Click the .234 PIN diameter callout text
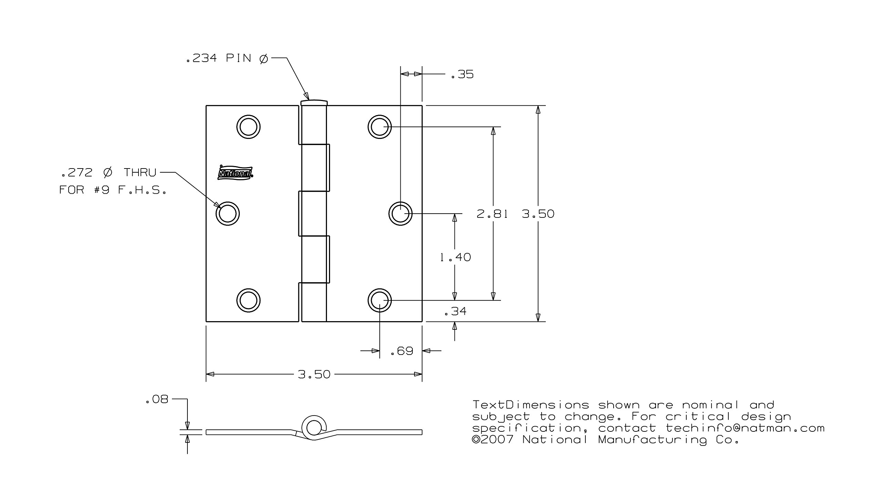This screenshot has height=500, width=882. pyautogui.click(x=227, y=58)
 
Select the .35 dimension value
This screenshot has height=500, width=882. pyautogui.click(x=462, y=74)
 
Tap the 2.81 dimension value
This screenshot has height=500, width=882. pyautogui.click(x=492, y=214)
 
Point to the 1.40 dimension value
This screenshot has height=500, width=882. pyautogui.click(x=455, y=257)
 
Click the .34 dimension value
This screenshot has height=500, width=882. pyautogui.click(x=455, y=312)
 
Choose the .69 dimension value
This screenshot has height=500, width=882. pyautogui.click(x=402, y=351)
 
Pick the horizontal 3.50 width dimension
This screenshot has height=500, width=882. pyautogui.click(x=314, y=374)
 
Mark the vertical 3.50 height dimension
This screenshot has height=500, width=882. pyautogui.click(x=538, y=214)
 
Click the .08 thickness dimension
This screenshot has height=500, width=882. pyautogui.click(x=157, y=399)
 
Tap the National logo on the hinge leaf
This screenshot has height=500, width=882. pyautogui.click(x=236, y=173)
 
